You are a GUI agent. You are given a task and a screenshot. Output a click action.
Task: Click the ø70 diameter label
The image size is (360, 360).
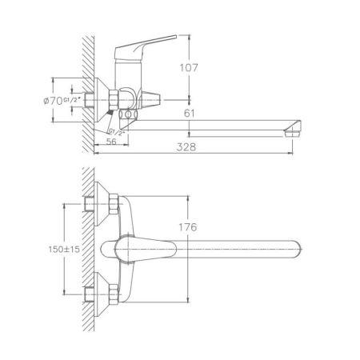coord(54,102)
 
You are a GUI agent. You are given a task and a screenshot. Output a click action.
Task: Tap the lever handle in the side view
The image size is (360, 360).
coord(152,38)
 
